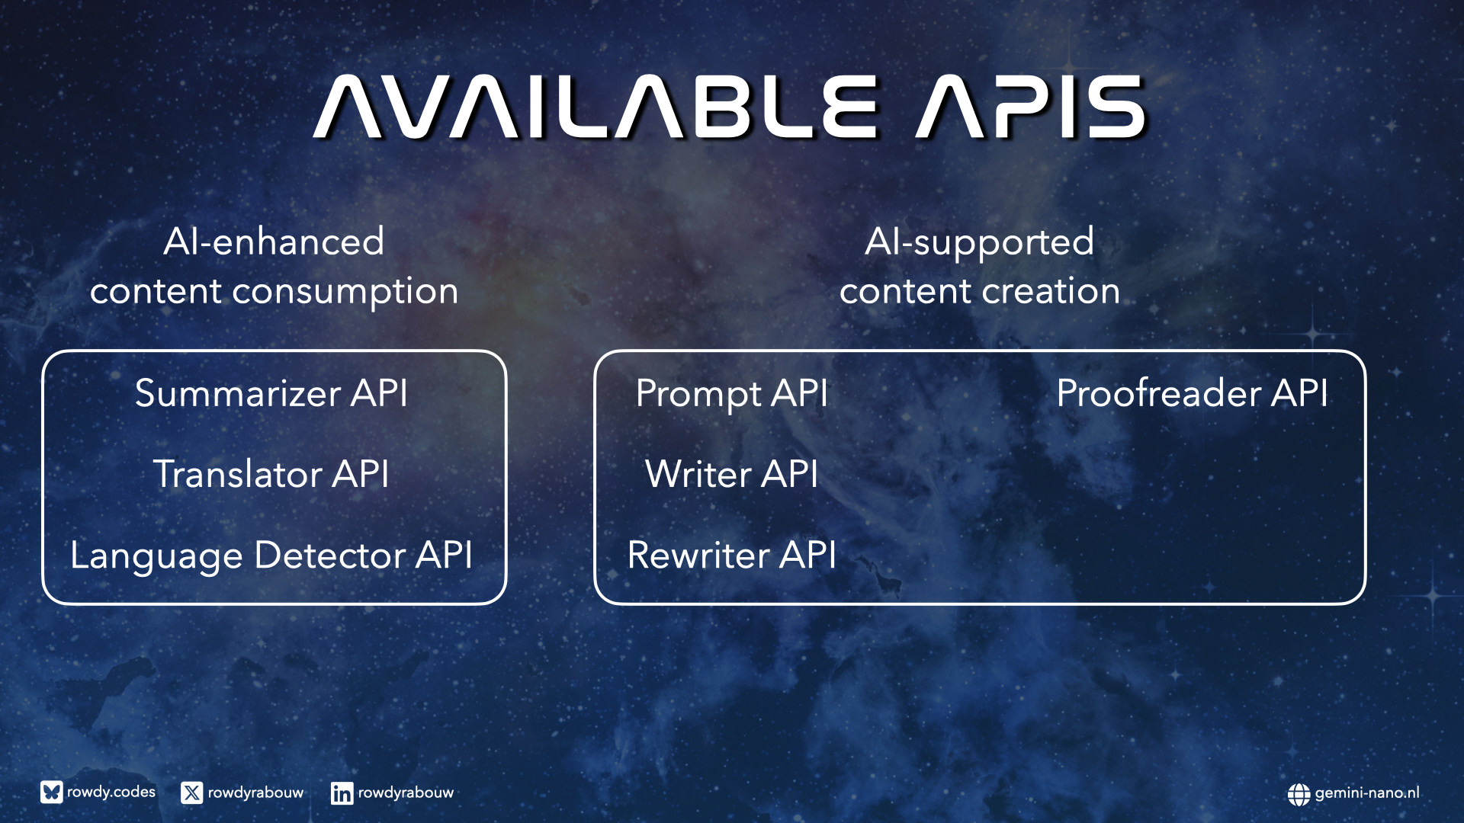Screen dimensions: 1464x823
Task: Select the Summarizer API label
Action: [x=271, y=393]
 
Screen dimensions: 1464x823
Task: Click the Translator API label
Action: [x=271, y=474]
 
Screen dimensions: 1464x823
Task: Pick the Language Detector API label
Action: [x=271, y=556]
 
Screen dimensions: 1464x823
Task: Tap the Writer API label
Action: [x=732, y=474]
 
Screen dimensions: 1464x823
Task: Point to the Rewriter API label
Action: [x=732, y=555]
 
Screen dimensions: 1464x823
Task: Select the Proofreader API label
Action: [x=1193, y=393]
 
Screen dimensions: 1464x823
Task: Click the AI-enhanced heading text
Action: [x=274, y=242]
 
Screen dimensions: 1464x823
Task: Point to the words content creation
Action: [x=980, y=291]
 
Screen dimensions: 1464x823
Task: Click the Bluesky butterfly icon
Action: [x=51, y=793]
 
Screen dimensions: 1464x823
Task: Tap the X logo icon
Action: [x=192, y=793]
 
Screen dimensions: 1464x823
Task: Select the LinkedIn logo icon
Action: [x=342, y=793]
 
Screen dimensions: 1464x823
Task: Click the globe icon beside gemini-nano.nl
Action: [x=1299, y=794]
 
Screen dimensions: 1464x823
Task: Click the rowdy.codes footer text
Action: [x=111, y=793]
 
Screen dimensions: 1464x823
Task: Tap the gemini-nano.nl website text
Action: [x=1367, y=793]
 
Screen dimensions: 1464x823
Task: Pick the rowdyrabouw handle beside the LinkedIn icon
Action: [x=406, y=793]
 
